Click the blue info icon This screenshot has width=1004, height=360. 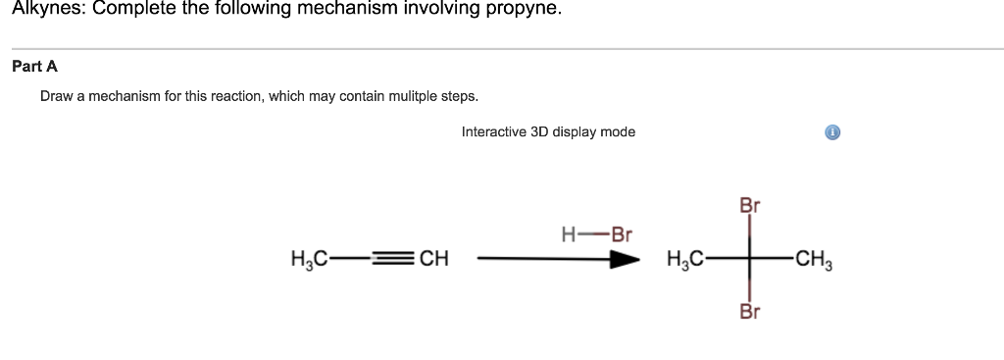pos(832,132)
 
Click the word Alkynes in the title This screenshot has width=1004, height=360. pos(48,9)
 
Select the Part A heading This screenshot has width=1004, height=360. pos(34,66)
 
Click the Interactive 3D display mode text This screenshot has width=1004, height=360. pos(548,131)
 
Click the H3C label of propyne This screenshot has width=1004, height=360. pos(309,260)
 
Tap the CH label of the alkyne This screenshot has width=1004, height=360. pos(433,260)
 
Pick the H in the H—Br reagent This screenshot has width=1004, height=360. pos(568,235)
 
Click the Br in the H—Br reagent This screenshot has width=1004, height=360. pos(622,235)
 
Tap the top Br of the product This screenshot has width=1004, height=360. pos(750,207)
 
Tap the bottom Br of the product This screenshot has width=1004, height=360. pos(750,313)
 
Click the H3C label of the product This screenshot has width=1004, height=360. pos(684,260)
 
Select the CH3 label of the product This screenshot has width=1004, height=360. pos(814,260)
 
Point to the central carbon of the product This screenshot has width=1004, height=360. pos(750,260)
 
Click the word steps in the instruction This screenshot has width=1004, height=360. pos(458,97)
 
